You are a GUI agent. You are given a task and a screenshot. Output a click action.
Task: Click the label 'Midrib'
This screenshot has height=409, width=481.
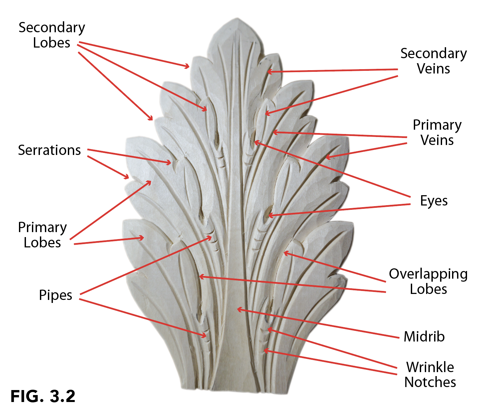point(424,337)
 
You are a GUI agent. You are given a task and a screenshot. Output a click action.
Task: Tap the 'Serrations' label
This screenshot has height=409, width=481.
point(49,150)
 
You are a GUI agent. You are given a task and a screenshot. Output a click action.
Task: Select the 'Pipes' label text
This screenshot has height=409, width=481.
point(56,295)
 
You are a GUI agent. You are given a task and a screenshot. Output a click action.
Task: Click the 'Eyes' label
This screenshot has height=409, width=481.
point(434,201)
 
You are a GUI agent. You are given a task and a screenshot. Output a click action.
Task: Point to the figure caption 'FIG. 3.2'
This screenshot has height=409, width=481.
point(43,396)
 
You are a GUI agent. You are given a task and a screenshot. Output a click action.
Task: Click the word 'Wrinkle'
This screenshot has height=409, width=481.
point(430,367)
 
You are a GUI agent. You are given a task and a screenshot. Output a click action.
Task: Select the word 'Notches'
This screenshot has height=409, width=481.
point(430,382)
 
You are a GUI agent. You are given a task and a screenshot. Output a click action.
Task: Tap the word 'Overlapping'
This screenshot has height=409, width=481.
point(428,274)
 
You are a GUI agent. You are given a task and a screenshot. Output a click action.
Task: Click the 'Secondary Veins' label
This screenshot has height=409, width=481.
point(433,61)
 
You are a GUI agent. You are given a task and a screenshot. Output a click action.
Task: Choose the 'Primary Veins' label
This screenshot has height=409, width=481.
point(437,132)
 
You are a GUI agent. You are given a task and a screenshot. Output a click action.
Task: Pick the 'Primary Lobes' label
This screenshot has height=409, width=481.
point(42,235)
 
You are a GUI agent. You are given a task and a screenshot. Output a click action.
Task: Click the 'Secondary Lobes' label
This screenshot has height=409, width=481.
point(52,35)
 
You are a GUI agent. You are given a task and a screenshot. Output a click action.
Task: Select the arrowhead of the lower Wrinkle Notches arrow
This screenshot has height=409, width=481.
point(265,350)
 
